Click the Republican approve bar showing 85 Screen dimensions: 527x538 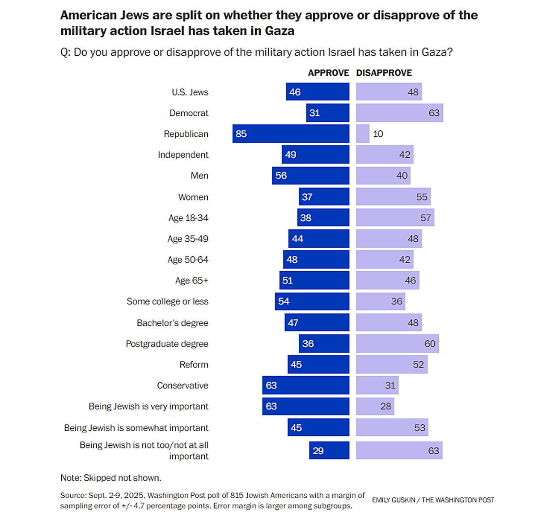(x=291, y=134)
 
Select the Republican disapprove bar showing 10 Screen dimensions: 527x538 (x=363, y=134)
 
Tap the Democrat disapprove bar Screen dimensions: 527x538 (x=399, y=113)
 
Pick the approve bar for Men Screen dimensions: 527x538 (x=310, y=176)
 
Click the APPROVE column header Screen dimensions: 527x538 (x=328, y=73)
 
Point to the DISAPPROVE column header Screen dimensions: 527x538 (x=384, y=73)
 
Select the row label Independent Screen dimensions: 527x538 (x=183, y=155)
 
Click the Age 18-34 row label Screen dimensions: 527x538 (x=188, y=218)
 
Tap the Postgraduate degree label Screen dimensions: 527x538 (x=167, y=344)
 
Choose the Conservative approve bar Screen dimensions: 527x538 (x=305, y=385)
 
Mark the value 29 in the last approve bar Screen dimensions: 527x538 (x=318, y=451)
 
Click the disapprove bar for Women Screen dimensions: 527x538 (x=393, y=197)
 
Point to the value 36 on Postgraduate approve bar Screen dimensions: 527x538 (x=308, y=344)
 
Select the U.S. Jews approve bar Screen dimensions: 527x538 (x=318, y=92)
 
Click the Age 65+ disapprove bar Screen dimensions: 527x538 (x=388, y=280)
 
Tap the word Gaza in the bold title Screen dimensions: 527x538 (x=280, y=31)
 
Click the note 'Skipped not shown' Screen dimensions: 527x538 (x=110, y=478)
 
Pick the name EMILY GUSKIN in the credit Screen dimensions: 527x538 (x=394, y=500)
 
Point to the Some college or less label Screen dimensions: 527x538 (x=167, y=301)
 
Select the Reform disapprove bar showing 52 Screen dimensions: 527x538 (x=392, y=364)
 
